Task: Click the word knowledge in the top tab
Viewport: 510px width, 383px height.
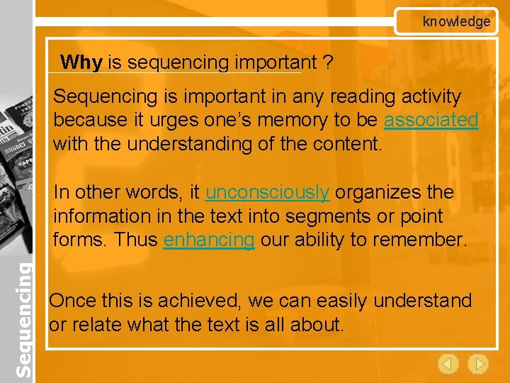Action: tap(456, 21)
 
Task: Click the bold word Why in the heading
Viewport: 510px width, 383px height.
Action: tap(81, 62)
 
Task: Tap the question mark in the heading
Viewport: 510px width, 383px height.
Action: tap(328, 62)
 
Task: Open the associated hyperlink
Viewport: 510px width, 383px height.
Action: tap(431, 120)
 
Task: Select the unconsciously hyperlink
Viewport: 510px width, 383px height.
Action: tap(267, 192)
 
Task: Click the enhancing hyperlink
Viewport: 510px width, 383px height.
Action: tap(208, 240)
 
